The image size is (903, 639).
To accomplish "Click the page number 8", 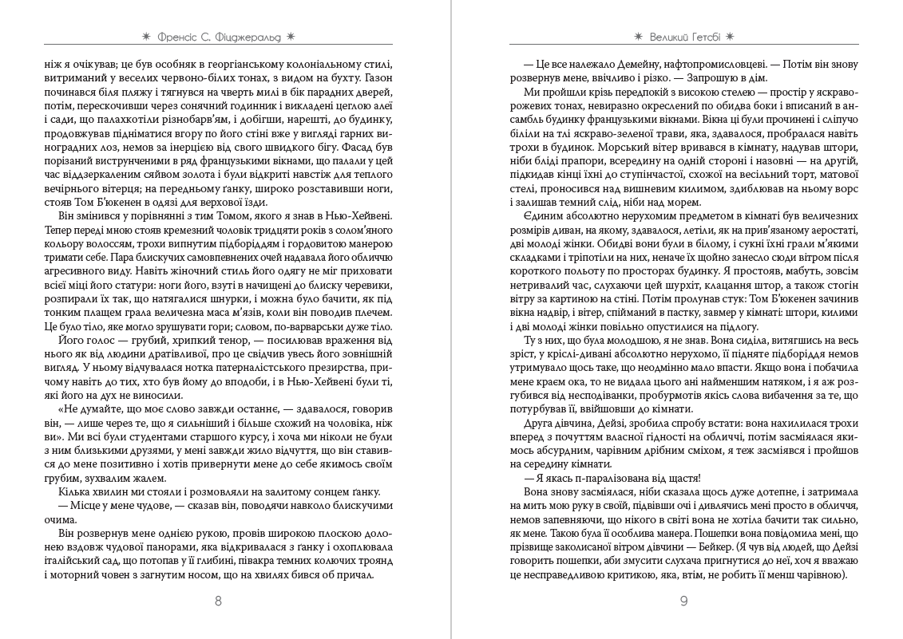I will tap(218, 602).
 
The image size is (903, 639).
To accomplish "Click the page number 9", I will tap(683, 602).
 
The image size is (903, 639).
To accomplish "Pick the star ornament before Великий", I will tap(637, 36).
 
